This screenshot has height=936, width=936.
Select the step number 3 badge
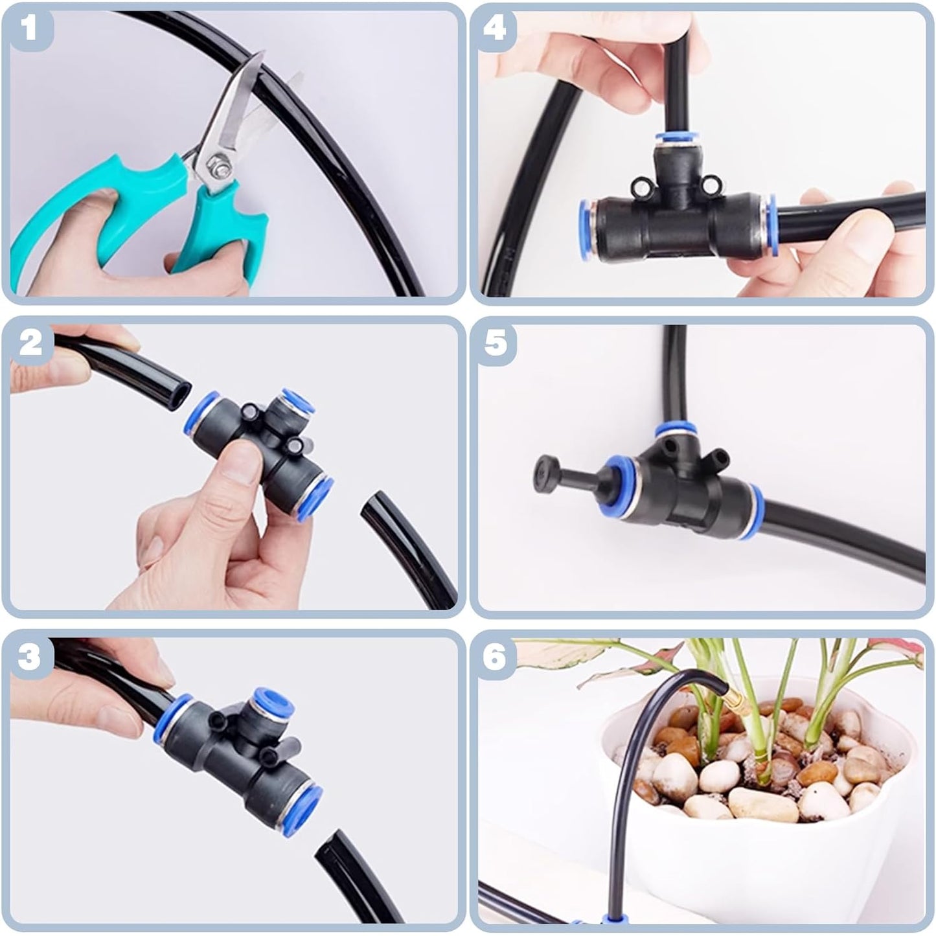coord(29,656)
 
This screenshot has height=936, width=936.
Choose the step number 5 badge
coord(496,342)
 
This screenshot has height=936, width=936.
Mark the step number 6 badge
coord(495,656)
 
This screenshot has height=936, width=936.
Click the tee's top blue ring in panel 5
coord(674,430)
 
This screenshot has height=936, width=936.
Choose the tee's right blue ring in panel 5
coord(756,506)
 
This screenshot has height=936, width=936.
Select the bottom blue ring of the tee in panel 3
coord(308,806)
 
